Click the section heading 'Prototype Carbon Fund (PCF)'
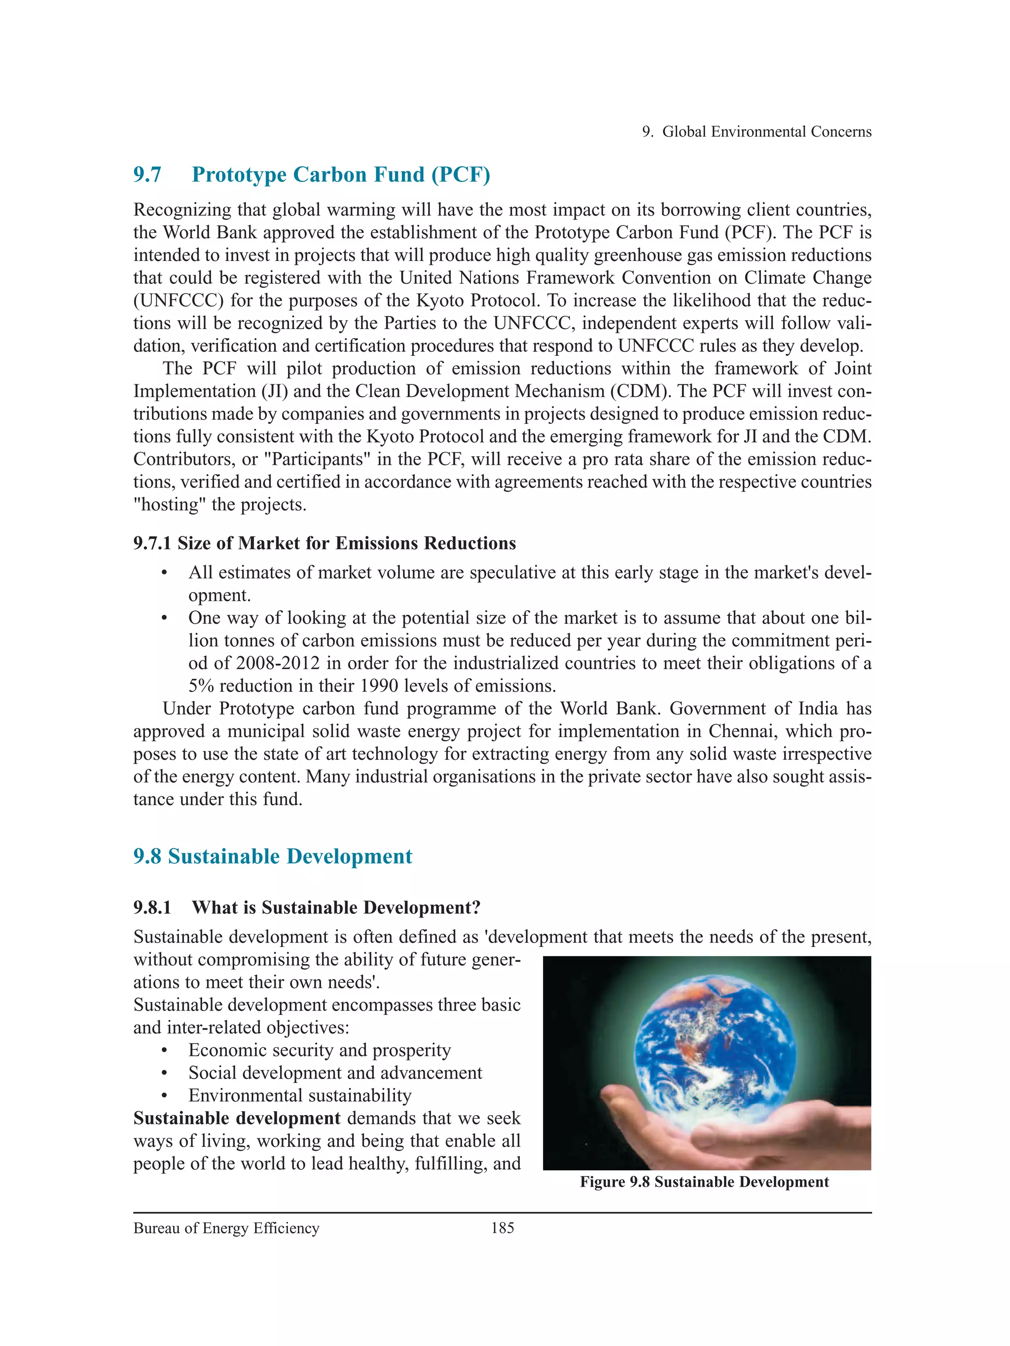pos(340,175)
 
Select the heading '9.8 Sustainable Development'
pos(272,856)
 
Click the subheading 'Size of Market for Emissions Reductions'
pos(347,543)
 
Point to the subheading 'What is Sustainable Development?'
pos(336,907)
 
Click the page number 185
pos(502,1228)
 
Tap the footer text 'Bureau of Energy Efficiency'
pos(226,1228)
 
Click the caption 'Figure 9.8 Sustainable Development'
pos(704,1182)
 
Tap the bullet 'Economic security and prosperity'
pos(319,1049)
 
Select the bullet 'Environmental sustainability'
pos(300,1095)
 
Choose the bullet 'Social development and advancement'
pos(335,1072)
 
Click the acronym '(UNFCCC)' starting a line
pos(175,300)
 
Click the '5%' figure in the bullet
pos(201,686)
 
